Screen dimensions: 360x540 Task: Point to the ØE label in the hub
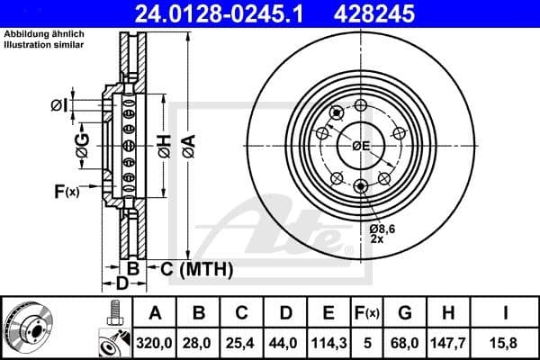tap(361, 145)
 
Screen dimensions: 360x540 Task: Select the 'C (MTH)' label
tap(196, 268)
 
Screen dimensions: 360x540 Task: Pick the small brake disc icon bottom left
tap(32, 328)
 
